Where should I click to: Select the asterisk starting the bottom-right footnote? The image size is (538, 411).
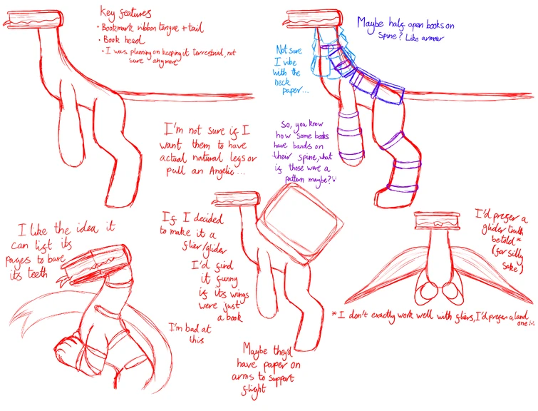click(x=333, y=313)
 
